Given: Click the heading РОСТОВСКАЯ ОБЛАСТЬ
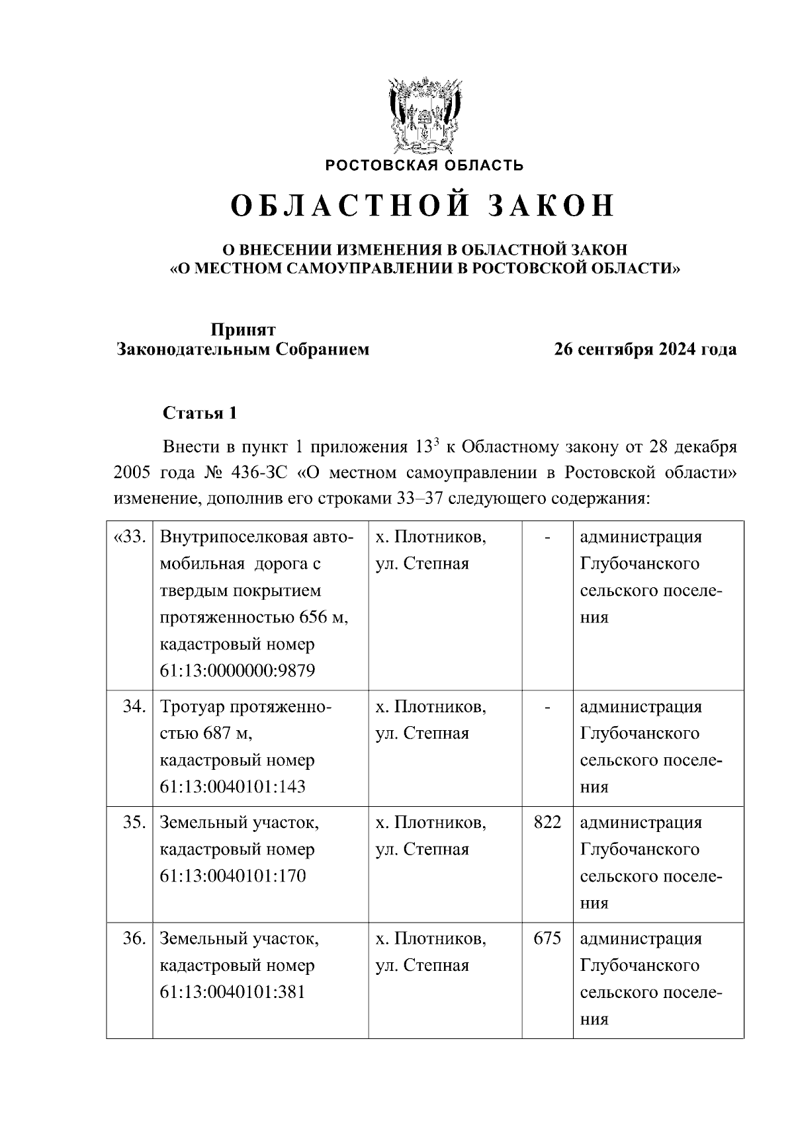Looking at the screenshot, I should pos(423,165).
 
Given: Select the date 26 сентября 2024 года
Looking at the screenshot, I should pos(645,349).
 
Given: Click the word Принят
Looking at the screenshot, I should pos(243,329).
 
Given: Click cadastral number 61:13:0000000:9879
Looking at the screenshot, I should pos(238,671).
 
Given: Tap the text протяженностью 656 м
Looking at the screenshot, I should pos(253,617).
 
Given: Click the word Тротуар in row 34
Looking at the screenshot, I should pos(193,707).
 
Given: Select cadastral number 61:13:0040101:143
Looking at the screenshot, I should pos(232,787).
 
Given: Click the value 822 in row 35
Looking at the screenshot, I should pos(547,822).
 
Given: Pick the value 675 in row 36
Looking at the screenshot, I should pos(547,938).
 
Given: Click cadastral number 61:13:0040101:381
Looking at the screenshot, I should pos(232,992).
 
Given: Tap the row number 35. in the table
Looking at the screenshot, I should pos(134,823).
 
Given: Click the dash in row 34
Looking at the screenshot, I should pos(547,708).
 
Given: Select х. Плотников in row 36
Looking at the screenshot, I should pos(431,938).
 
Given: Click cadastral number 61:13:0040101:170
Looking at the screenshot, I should pos(232,876).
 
